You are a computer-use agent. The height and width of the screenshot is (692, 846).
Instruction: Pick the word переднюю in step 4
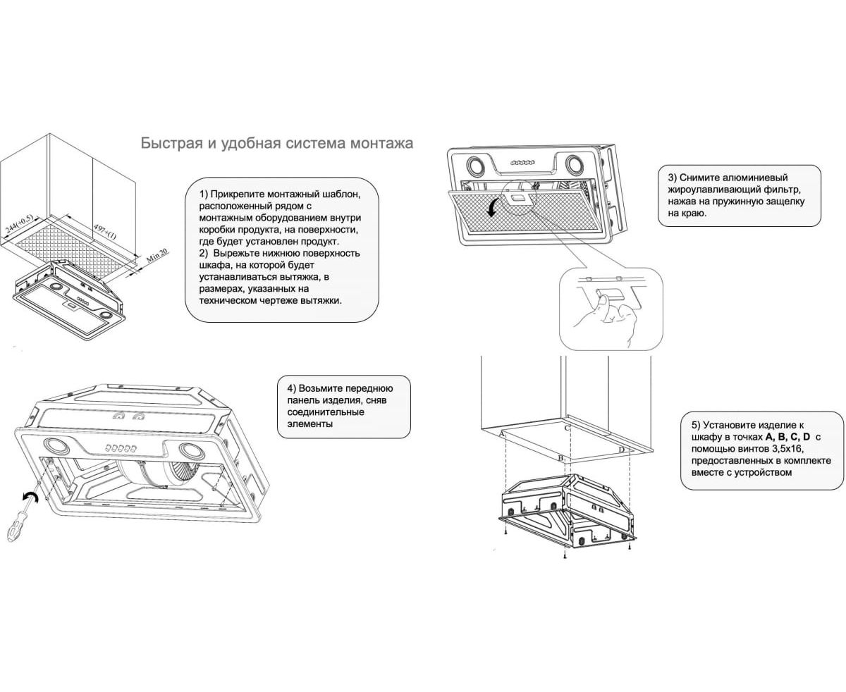pyautogui.click(x=368, y=388)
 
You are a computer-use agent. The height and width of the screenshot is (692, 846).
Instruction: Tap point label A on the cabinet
pyautogui.click(x=502, y=434)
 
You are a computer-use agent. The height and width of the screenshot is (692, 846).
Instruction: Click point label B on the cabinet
pyautogui.click(x=560, y=459)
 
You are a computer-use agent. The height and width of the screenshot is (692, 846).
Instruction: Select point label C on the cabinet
pyautogui.click(x=567, y=428)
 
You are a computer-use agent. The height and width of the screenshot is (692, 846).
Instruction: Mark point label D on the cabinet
pyautogui.click(x=621, y=450)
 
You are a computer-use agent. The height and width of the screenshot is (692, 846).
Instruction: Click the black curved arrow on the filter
pyautogui.click(x=493, y=206)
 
